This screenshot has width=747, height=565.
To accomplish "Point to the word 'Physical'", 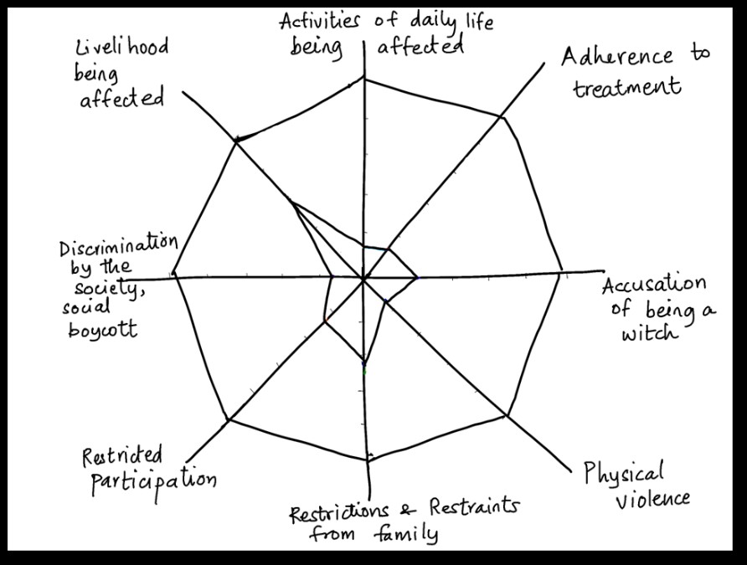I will click(x=623, y=473).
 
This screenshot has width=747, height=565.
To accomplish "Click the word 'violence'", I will click(x=653, y=500).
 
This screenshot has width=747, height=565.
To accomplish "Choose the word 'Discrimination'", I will click(x=118, y=247).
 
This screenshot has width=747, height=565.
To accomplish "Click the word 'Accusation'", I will click(x=654, y=285).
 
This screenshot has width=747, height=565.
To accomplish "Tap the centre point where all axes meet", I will click(x=363, y=277).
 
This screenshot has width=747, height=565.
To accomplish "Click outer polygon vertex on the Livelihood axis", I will click(x=236, y=143).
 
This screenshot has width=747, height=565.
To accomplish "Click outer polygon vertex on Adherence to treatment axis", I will click(x=502, y=117).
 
